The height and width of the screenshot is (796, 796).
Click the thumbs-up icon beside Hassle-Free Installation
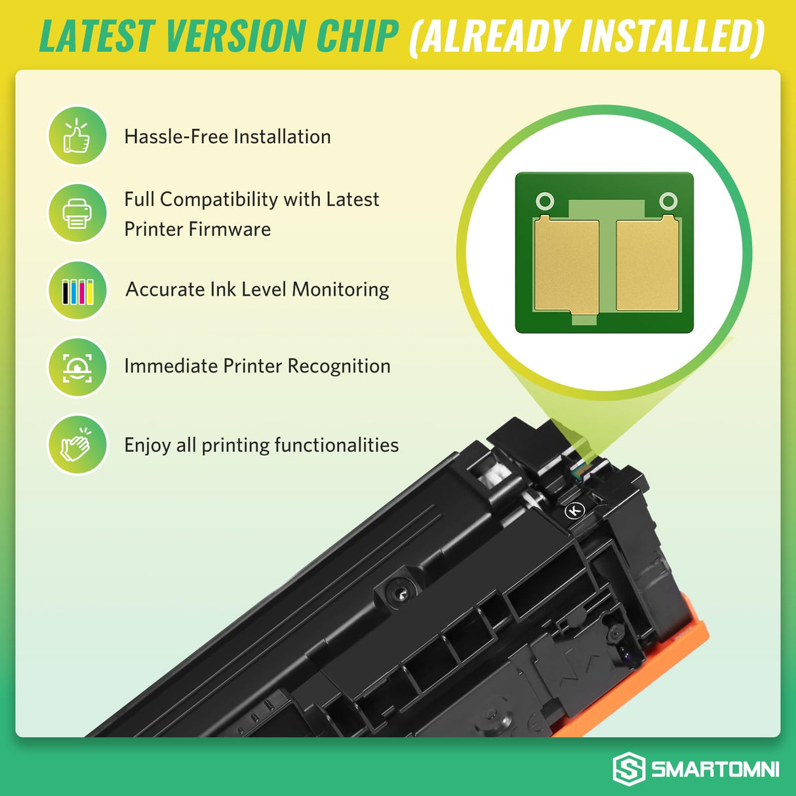(77, 136)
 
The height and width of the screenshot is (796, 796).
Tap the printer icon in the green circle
(77, 213)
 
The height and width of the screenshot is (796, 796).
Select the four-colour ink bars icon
(77, 290)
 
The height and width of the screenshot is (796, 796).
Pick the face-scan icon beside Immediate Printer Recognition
(77, 367)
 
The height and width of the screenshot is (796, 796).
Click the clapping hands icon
(77, 445)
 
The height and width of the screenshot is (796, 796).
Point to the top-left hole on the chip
(545, 201)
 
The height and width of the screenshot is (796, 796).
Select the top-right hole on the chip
(667, 201)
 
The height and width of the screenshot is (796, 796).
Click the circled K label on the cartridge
(575, 510)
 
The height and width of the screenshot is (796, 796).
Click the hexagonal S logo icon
(628, 768)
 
